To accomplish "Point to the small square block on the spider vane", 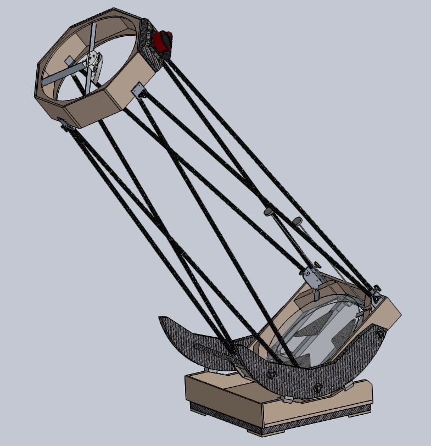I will (69, 60).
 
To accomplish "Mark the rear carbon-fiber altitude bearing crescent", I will (198, 341).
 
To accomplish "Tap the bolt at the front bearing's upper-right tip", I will (379, 333).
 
